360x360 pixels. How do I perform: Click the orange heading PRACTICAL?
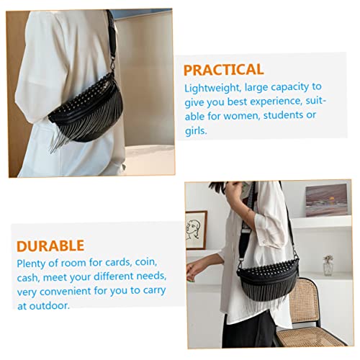point(223,70)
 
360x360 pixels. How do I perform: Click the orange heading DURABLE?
point(50,246)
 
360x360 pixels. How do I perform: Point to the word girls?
point(196,132)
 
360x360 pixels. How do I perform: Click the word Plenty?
point(32,262)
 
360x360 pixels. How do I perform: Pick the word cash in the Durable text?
point(28,277)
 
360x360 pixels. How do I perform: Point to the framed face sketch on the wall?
point(196,229)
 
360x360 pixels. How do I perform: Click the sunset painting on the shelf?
point(325,200)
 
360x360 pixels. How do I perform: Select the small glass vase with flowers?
point(328,265)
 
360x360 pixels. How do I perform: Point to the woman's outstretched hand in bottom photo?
point(193,270)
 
